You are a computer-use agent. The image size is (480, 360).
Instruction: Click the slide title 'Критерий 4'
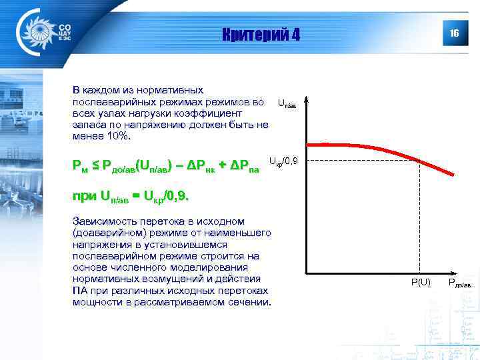[x=261, y=34]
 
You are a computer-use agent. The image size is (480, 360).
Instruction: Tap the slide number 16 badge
[x=454, y=33]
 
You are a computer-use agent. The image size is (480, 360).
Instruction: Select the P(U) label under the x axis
[x=420, y=283]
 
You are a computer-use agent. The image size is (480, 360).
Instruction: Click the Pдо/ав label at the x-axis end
[x=459, y=283]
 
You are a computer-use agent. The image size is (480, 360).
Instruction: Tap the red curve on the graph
[x=373, y=147]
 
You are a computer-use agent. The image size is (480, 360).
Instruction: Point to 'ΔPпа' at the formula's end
[x=244, y=165]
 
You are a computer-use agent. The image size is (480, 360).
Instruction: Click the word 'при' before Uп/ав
[x=84, y=197]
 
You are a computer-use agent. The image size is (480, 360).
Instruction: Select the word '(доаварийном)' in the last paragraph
[x=106, y=233]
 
